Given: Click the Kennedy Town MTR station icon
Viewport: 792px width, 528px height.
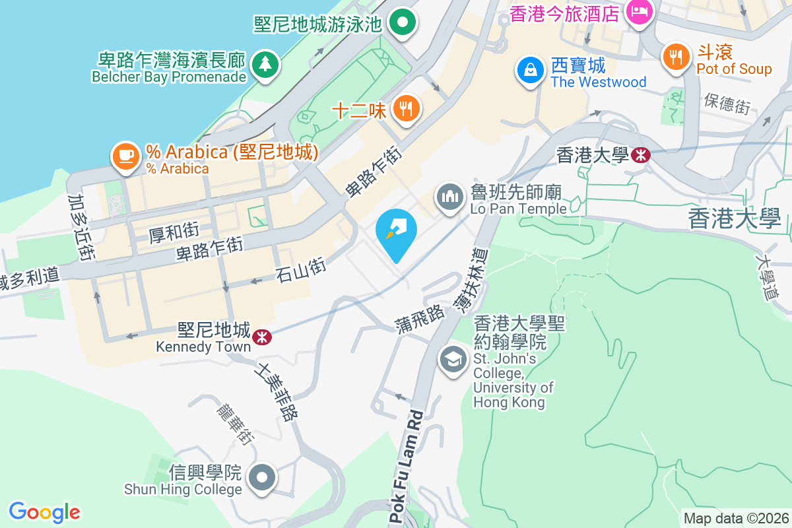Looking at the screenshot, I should (x=262, y=337).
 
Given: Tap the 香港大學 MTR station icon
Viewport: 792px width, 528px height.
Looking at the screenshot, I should (x=640, y=155).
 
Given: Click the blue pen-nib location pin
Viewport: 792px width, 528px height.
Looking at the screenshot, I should (x=396, y=231).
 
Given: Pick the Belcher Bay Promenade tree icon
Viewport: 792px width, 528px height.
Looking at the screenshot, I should (x=265, y=64).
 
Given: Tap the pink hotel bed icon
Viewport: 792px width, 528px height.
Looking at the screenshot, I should (x=639, y=11).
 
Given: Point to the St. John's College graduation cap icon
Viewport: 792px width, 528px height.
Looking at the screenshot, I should (x=453, y=361).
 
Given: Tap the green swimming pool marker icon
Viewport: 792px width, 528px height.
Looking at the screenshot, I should (x=402, y=24).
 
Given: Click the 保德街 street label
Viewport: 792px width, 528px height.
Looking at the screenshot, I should (x=727, y=103).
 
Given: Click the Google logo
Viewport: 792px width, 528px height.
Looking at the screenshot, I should (x=44, y=511).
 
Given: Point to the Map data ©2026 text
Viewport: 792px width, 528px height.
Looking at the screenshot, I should (x=736, y=518).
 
